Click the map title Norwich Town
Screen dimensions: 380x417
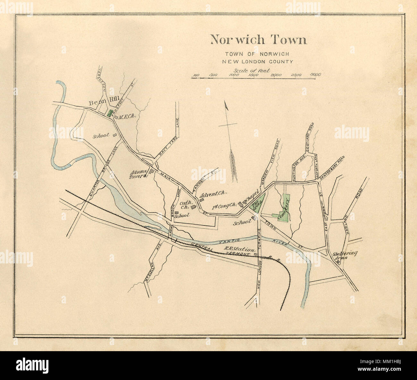tap(258, 40)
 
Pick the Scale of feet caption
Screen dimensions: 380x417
tap(252, 71)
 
